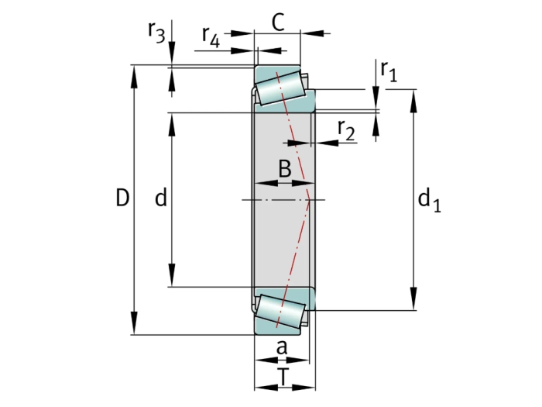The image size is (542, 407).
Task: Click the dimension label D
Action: click(122, 198)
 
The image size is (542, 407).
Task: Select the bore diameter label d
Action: click(160, 198)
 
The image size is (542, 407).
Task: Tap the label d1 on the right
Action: click(428, 201)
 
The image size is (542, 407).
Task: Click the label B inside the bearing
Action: click(284, 168)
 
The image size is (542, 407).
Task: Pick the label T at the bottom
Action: click(284, 378)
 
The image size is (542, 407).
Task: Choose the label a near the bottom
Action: click(282, 348)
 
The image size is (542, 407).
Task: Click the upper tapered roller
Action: click(279, 87)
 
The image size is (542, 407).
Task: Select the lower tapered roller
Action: click(280, 311)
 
